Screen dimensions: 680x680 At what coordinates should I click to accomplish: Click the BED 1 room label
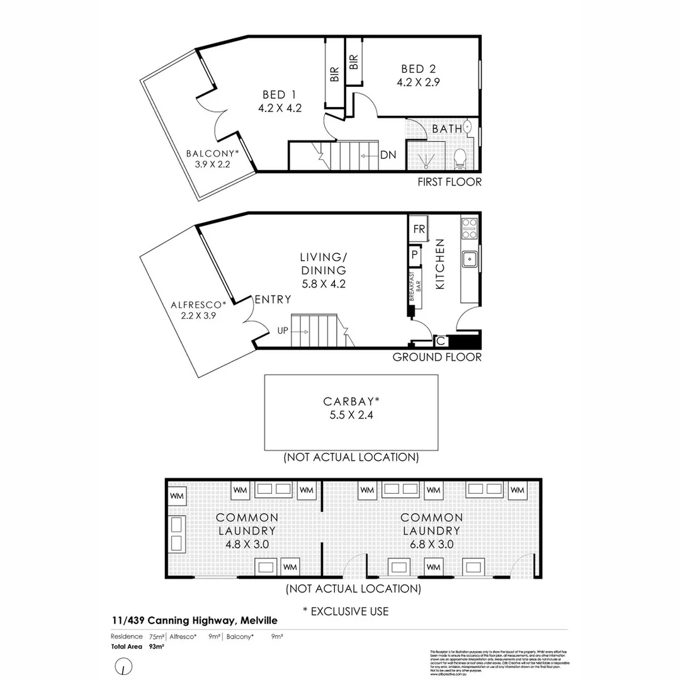pos(280,95)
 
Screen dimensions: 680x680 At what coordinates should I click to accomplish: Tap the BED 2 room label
pos(419,69)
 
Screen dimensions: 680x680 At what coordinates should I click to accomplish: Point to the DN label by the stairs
pos(388,155)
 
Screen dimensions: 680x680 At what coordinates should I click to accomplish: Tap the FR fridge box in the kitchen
pos(418,229)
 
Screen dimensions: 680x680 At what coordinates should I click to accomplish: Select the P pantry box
pos(415,255)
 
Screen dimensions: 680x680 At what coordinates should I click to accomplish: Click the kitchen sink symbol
pos(469,258)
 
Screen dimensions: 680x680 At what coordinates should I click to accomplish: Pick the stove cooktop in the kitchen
pos(469,228)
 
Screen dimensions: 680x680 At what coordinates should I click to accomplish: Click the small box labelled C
pos(441,341)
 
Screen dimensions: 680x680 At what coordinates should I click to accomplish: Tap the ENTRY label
pos(272,300)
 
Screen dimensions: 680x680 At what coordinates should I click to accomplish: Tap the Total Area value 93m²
pos(156,647)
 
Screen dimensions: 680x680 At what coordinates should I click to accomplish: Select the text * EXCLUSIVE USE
pos(346,611)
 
